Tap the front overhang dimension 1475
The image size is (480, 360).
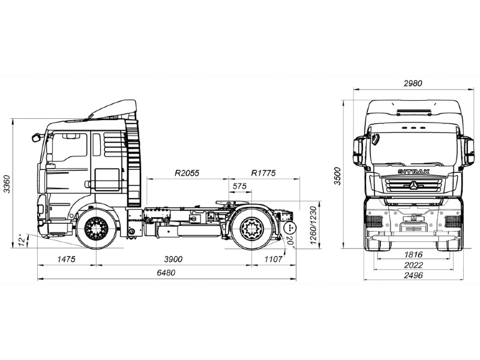(66, 259)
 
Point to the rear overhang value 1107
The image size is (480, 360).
(273, 259)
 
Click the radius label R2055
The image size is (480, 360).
(187, 173)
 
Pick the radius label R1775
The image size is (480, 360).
(263, 173)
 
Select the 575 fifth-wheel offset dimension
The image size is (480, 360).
(240, 187)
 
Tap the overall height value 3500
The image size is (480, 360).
(338, 175)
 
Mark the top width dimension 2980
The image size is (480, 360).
(414, 84)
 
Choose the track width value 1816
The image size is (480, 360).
(414, 255)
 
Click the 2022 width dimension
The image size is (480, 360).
(414, 265)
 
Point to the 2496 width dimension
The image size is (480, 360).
(414, 275)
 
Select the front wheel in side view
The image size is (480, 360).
(96, 229)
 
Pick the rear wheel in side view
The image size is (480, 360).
(251, 229)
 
